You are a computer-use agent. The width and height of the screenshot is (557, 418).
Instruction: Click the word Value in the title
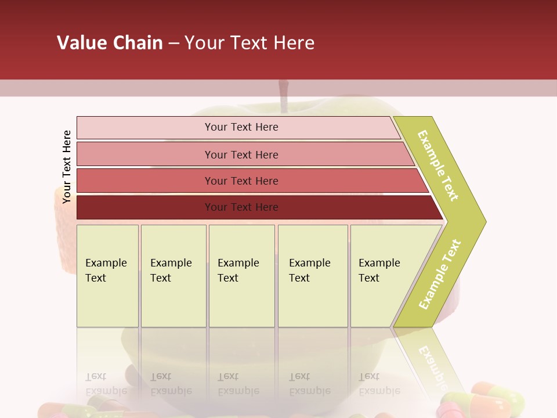click(x=81, y=42)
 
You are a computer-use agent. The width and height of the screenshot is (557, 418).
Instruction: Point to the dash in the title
click(x=173, y=43)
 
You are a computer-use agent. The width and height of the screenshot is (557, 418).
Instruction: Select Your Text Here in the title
click(x=249, y=42)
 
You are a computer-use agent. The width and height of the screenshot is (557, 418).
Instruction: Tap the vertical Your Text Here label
click(x=67, y=167)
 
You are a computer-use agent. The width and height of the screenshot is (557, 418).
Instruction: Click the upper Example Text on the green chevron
click(x=438, y=165)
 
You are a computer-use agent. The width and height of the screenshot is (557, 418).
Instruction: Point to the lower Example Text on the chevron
click(x=440, y=274)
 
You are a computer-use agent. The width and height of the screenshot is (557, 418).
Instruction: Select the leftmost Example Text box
click(x=107, y=276)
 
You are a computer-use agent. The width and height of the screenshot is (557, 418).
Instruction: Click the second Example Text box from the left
click(x=173, y=276)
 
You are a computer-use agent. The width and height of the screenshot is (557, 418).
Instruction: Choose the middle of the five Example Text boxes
click(x=241, y=276)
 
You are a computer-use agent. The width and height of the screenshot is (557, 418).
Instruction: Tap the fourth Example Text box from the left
click(x=313, y=276)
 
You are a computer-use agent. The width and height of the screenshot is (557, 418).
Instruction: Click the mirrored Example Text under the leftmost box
click(x=106, y=384)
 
